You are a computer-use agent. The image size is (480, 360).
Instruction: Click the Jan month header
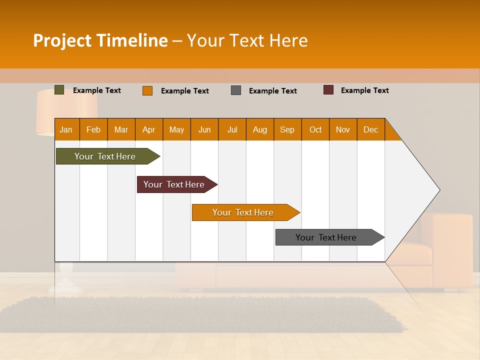[66, 129]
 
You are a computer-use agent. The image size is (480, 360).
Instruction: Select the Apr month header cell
[149, 129]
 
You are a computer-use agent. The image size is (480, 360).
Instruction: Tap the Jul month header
[232, 129]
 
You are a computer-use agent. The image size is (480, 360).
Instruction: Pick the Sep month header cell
[287, 129]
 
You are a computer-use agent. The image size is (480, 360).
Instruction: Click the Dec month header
[370, 129]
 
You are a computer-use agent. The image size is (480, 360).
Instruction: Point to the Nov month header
[343, 129]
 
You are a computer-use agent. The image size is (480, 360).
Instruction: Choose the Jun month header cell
[204, 129]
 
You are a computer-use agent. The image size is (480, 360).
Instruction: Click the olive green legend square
[59, 90]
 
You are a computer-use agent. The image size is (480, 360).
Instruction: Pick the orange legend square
[147, 90]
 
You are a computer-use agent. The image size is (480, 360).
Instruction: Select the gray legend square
[236, 90]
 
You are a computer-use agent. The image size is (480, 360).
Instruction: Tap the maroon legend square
[328, 90]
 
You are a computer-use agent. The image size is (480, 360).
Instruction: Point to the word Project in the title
[62, 41]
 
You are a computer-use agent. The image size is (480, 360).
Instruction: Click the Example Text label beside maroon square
[364, 90]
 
